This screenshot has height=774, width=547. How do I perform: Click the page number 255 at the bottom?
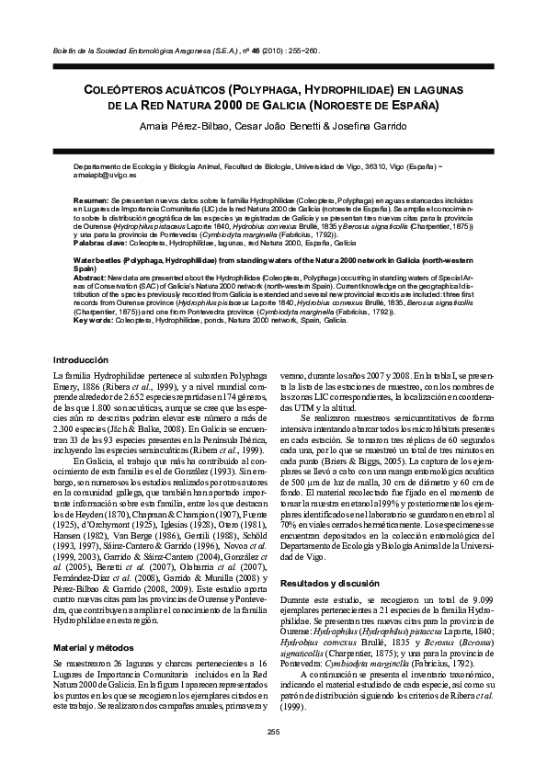coord(272,731)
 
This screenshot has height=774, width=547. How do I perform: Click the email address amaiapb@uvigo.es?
coord(102,174)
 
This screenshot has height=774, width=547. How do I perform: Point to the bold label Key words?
coord(93,321)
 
